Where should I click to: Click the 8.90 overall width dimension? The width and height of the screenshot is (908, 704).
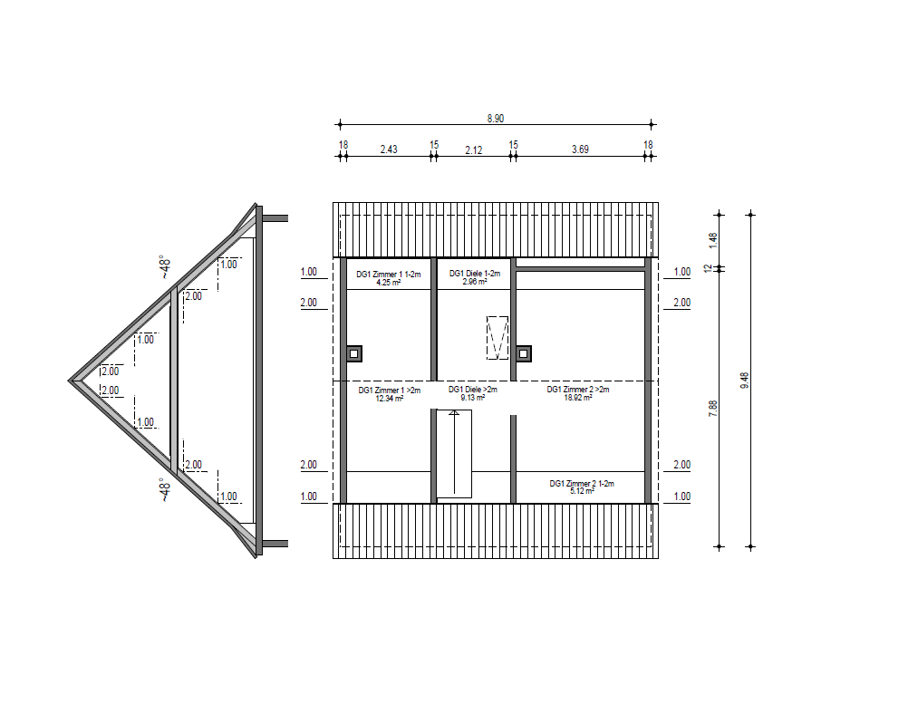(495, 118)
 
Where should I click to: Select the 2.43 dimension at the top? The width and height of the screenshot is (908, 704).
(389, 149)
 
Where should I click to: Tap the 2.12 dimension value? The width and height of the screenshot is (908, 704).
(474, 149)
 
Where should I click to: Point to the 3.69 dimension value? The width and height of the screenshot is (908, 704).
(580, 149)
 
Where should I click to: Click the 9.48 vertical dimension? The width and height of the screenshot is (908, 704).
(745, 381)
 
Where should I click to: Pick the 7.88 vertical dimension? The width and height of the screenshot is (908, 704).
(713, 408)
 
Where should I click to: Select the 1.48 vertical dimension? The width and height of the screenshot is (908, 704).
(713, 240)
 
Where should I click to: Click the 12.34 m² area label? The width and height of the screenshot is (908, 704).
(389, 399)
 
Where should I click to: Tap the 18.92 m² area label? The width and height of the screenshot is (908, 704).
(578, 398)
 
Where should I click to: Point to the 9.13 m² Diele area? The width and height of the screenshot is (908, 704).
(472, 398)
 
